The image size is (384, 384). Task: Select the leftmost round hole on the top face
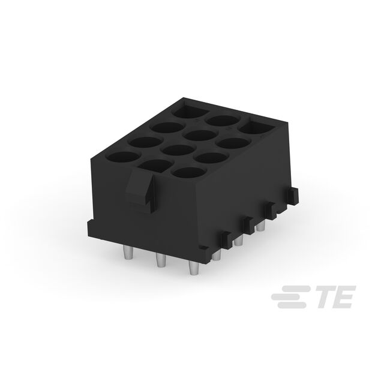pyautogui.click(x=122, y=157)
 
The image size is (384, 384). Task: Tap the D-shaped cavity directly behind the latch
pyautogui.click(x=154, y=166)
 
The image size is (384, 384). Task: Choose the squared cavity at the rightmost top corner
pyautogui.click(x=257, y=126)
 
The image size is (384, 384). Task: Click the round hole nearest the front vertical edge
pyautogui.click(x=189, y=172)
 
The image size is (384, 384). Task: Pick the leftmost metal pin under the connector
pyautogui.click(x=128, y=252)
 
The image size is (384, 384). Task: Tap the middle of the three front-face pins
pyautogui.click(x=160, y=260)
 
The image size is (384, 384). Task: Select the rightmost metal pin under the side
pyautogui.click(x=261, y=226)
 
